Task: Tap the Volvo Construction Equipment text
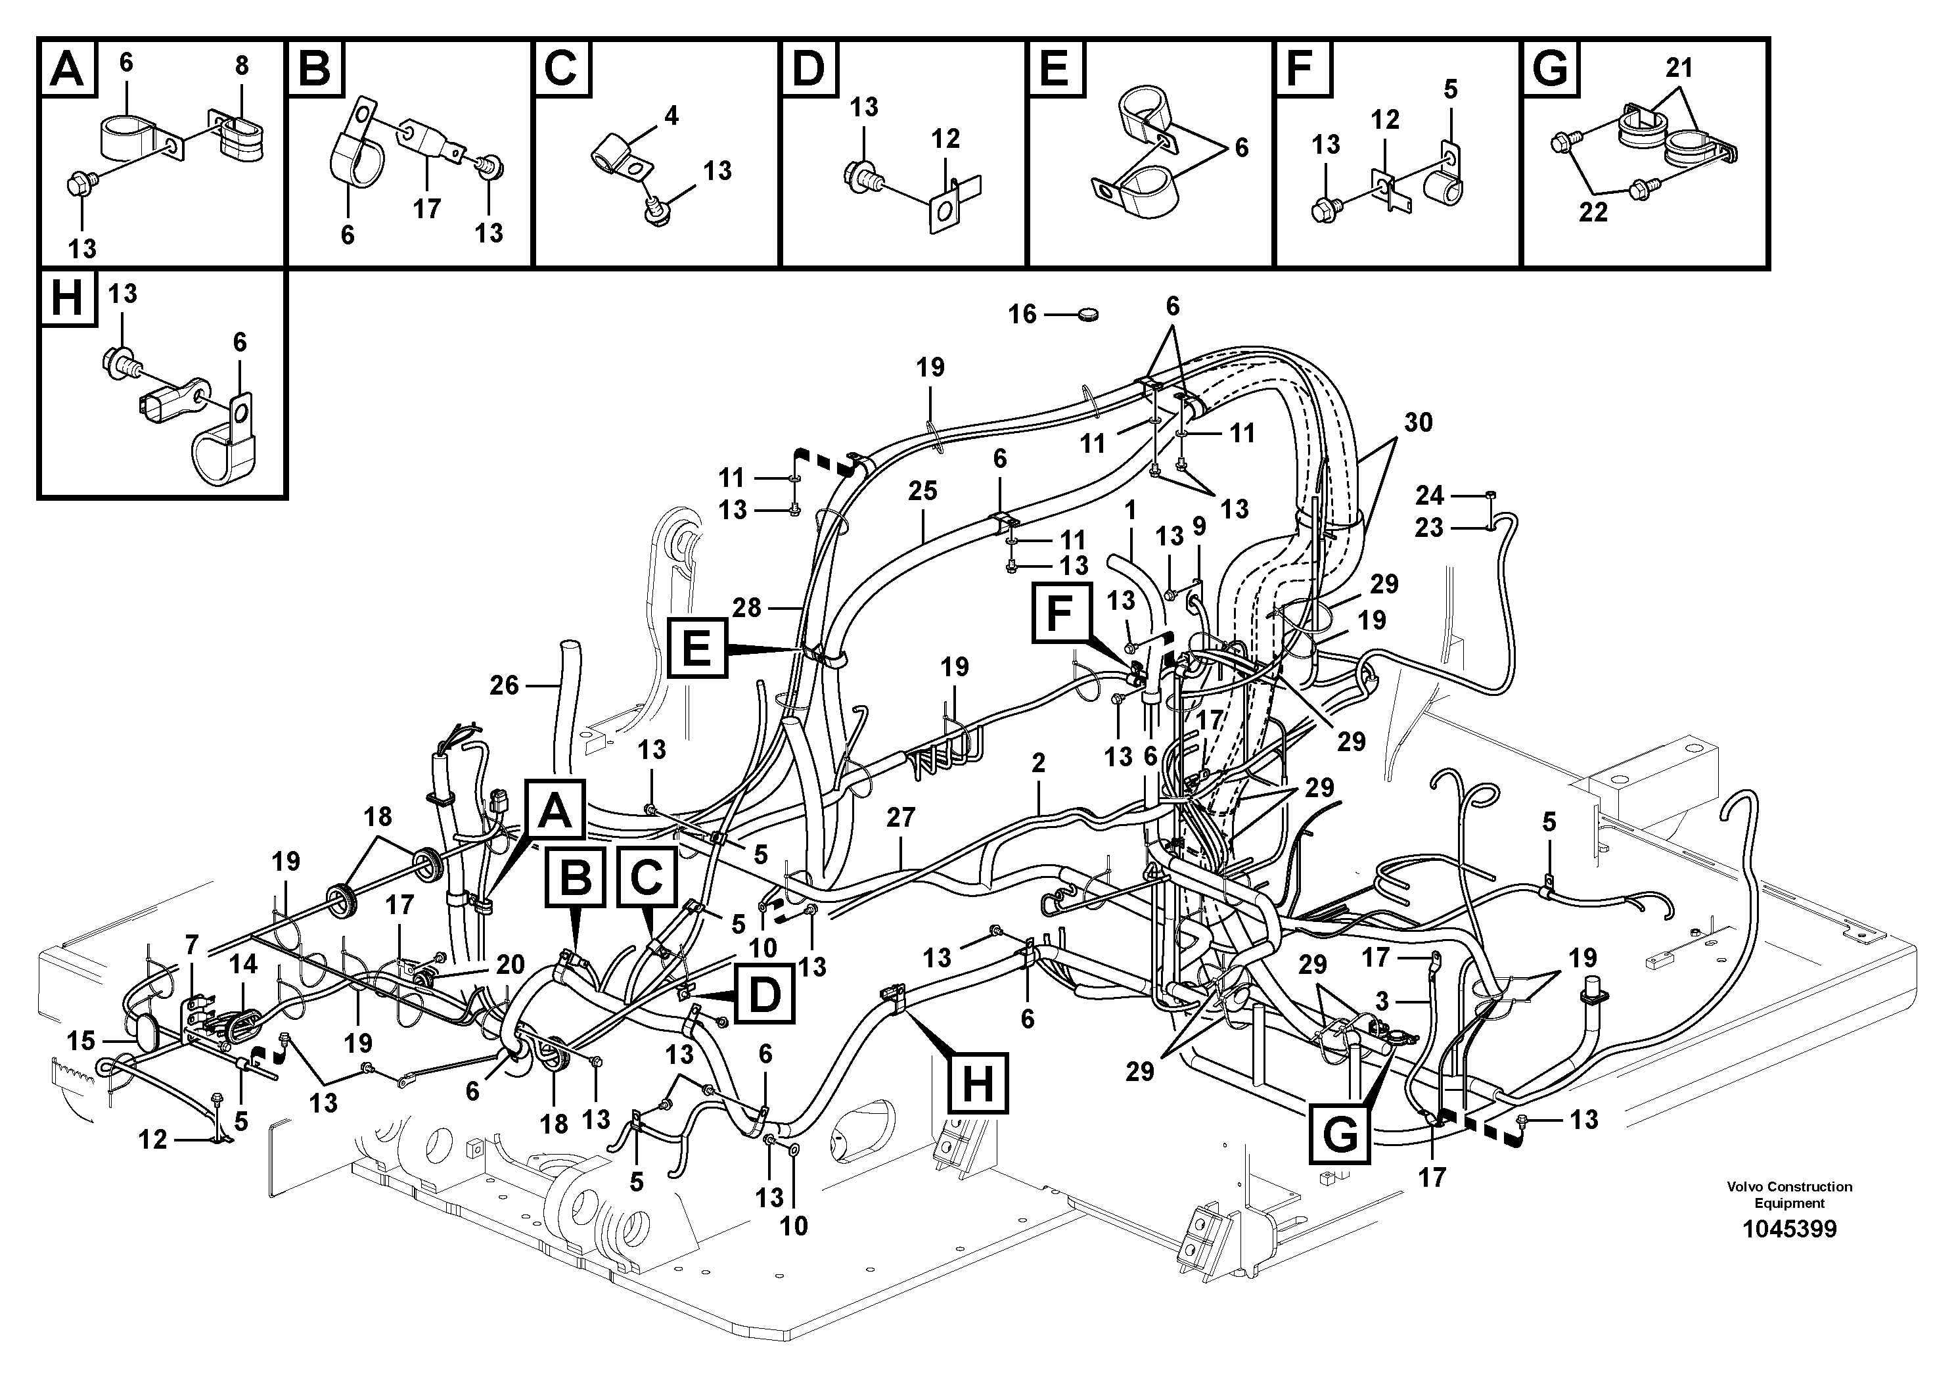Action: [x=1789, y=1195]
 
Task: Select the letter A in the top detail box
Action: [x=67, y=68]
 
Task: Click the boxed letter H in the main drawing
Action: [x=977, y=1084]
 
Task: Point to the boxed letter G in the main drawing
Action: [x=1341, y=1134]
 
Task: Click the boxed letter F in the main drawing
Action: [x=1059, y=612]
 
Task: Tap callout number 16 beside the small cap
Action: [x=1022, y=314]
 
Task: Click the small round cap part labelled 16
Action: [x=1086, y=315]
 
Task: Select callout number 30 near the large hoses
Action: [x=1418, y=422]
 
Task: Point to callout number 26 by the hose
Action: [x=505, y=684]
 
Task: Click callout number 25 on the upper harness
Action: [x=922, y=491]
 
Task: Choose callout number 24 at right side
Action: [x=1428, y=495]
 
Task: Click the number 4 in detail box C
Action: [x=671, y=115]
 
